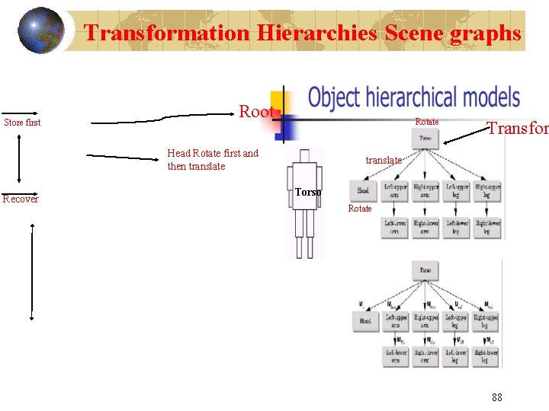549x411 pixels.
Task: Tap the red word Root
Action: [x=256, y=112]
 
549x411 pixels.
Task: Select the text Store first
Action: [x=22, y=123]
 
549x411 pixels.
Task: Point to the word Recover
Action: [x=21, y=199]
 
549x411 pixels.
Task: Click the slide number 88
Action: [x=497, y=397]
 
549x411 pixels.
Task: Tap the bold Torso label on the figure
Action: [x=307, y=193]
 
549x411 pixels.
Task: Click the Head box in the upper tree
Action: [x=364, y=190]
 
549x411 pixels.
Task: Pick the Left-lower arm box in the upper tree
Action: [x=395, y=228]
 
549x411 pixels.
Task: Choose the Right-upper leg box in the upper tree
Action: [x=486, y=190]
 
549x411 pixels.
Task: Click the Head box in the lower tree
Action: [x=365, y=321]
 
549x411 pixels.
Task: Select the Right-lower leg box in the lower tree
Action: [x=486, y=355]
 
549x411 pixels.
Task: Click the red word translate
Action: [x=384, y=161]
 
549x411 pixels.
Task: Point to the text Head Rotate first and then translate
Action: [x=213, y=160]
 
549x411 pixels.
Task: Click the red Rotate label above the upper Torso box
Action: [x=426, y=122]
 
